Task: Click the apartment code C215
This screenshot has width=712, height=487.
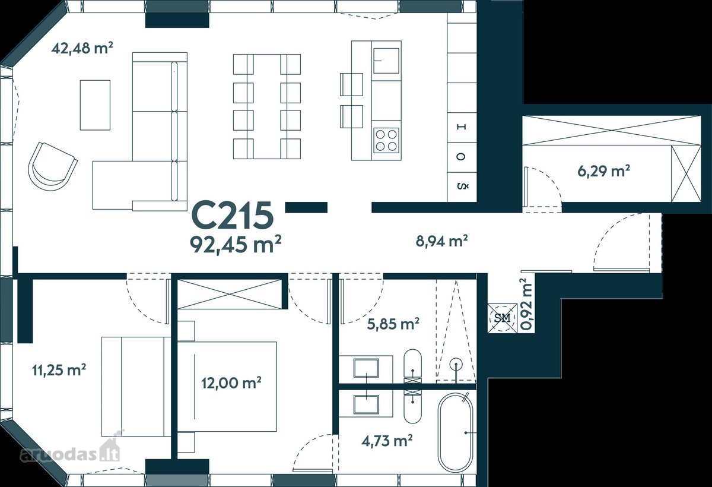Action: pyautogui.click(x=233, y=216)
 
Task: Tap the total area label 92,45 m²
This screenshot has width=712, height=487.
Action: pyautogui.click(x=236, y=244)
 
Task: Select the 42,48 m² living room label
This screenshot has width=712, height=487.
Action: pyautogui.click(x=82, y=48)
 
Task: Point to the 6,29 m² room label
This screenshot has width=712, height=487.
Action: pyautogui.click(x=603, y=171)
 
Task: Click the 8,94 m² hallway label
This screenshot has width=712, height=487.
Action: pyautogui.click(x=441, y=241)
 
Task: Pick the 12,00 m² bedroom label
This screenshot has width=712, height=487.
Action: pyautogui.click(x=231, y=382)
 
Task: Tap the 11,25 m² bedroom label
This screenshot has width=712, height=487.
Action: pyautogui.click(x=59, y=370)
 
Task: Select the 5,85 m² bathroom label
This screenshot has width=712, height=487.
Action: pyautogui.click(x=393, y=324)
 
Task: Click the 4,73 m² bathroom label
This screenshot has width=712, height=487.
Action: pyautogui.click(x=387, y=441)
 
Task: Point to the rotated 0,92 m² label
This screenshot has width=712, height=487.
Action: pyautogui.click(x=526, y=303)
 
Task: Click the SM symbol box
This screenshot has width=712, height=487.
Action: pyautogui.click(x=503, y=318)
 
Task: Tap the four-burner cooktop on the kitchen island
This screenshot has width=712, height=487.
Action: pyautogui.click(x=386, y=140)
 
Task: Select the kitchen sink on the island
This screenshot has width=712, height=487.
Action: pyautogui.click(x=386, y=61)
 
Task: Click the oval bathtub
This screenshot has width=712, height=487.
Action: pyautogui.click(x=455, y=432)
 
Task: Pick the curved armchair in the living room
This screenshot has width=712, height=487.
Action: pyautogui.click(x=52, y=166)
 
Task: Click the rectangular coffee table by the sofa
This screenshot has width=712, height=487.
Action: pyautogui.click(x=95, y=105)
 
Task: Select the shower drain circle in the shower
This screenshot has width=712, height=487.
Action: pyautogui.click(x=456, y=365)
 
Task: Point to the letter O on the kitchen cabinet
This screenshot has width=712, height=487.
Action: pyautogui.click(x=462, y=157)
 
